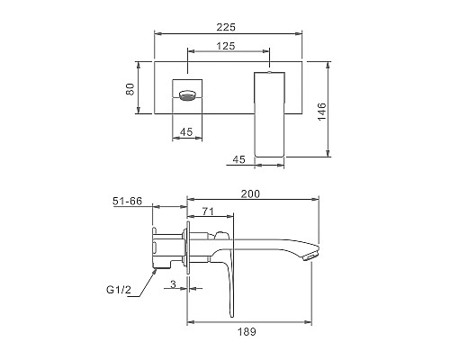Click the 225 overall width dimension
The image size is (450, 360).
coord(226,27)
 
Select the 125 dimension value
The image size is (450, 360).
coord(226,46)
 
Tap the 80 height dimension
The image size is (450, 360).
coord(130,89)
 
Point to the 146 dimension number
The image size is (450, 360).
coord(321,112)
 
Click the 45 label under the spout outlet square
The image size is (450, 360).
coord(186,131)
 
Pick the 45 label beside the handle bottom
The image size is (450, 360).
coord(239,159)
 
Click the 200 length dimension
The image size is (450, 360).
coord(250,193)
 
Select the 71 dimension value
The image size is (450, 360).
coord(208,211)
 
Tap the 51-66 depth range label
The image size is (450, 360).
coord(127,201)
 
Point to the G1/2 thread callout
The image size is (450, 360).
coord(119,290)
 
